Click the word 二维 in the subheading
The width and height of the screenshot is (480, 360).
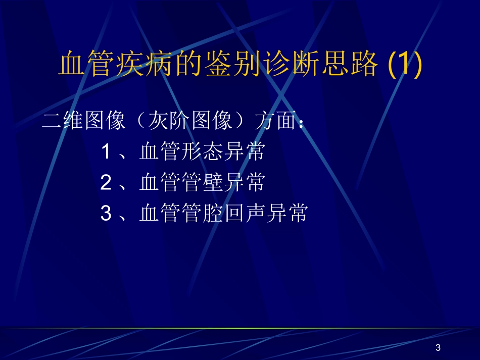coord(63,122)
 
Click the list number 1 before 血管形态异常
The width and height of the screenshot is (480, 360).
coord(106,152)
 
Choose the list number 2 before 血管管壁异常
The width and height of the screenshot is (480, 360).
coord(106,183)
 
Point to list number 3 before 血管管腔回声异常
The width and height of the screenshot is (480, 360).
coord(106,214)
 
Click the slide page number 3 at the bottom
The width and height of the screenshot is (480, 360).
coord(438,347)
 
